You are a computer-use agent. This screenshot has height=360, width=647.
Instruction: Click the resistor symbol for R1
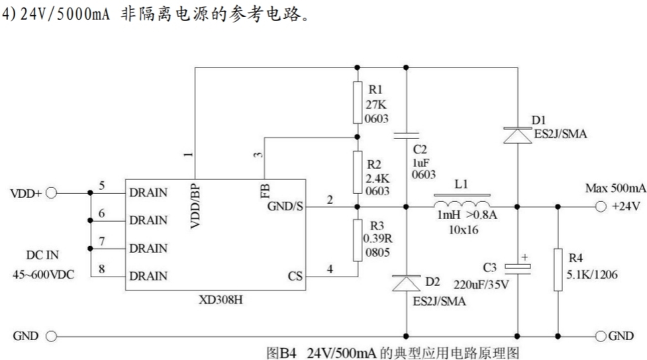point(357,103)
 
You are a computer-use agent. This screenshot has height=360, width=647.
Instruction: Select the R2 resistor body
point(357,171)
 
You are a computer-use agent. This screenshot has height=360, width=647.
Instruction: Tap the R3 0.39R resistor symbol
point(357,240)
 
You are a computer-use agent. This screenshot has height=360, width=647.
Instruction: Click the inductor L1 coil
point(462,202)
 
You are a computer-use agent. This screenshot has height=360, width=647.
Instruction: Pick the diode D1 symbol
point(517,135)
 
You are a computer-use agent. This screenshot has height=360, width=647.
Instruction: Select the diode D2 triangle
point(405,284)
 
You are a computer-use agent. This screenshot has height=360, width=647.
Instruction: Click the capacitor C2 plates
point(405,136)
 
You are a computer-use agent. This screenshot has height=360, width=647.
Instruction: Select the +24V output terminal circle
point(599,206)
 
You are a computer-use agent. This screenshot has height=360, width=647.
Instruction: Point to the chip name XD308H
point(221,299)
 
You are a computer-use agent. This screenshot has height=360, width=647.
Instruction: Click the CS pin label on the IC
point(295,275)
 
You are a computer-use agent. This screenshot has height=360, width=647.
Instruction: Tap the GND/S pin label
point(285,206)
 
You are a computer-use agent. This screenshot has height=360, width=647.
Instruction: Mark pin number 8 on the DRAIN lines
point(101,269)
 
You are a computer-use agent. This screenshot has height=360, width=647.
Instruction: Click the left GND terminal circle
point(52,336)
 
